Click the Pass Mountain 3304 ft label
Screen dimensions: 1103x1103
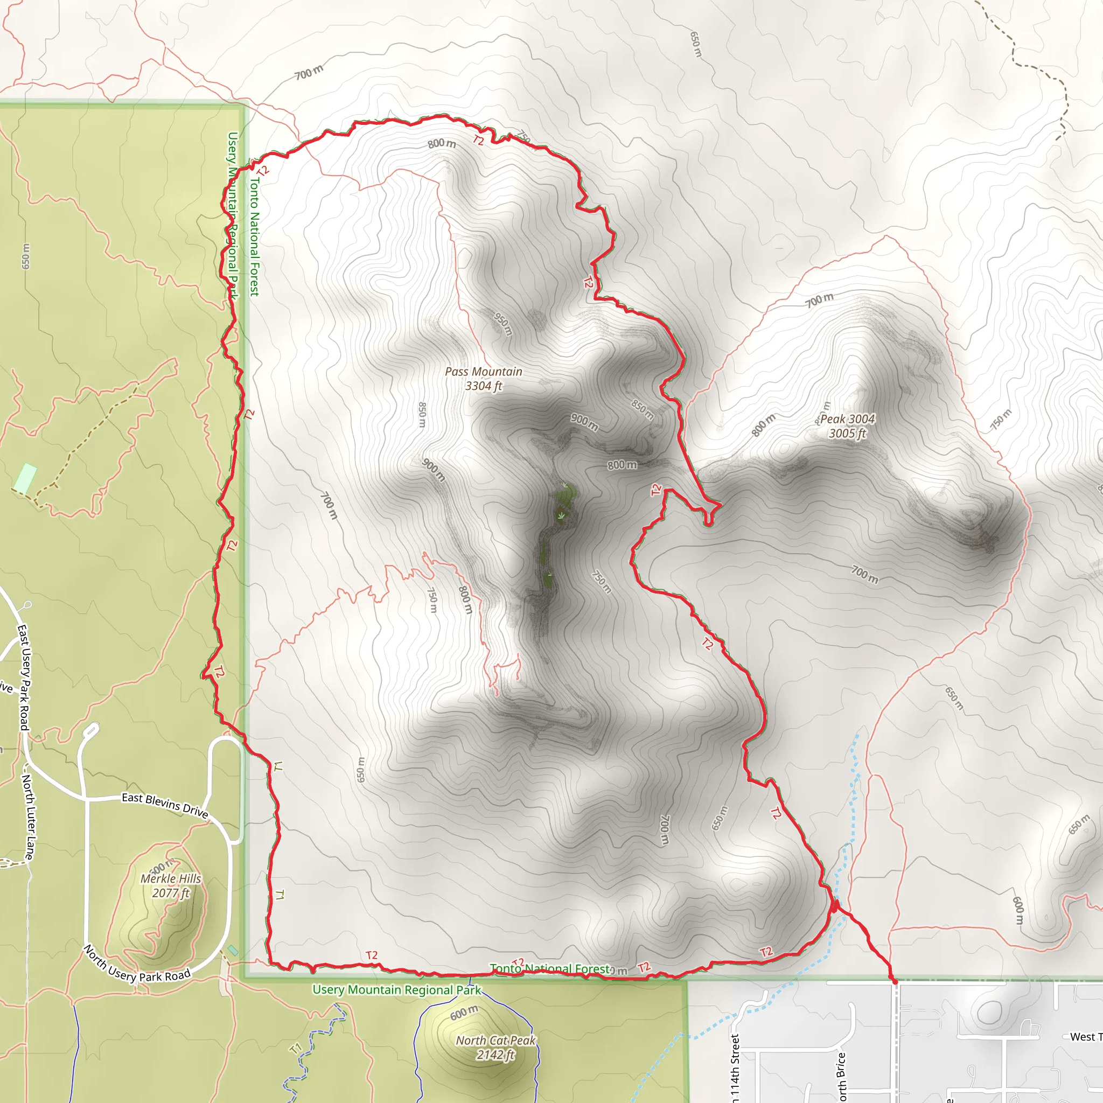pos(483,379)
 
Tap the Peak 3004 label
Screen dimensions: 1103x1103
pos(847,426)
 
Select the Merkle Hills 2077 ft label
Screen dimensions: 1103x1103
pos(171,885)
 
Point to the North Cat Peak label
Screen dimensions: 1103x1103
pos(495,1048)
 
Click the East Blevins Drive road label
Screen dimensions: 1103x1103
pos(165,805)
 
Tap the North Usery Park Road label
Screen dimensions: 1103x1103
pos(137,964)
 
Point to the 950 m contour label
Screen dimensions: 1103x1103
pos(502,324)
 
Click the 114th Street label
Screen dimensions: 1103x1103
pos(735,1066)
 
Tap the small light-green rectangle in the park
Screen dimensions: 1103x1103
pos(25,478)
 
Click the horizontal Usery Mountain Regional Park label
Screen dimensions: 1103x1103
pos(397,990)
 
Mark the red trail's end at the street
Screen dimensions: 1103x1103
pos(895,982)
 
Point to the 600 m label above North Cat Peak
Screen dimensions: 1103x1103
pos(464,1013)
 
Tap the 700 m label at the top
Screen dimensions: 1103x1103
pos(309,73)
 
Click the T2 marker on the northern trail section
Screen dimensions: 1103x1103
pos(478,140)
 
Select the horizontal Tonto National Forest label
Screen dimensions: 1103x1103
pos(550,969)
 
